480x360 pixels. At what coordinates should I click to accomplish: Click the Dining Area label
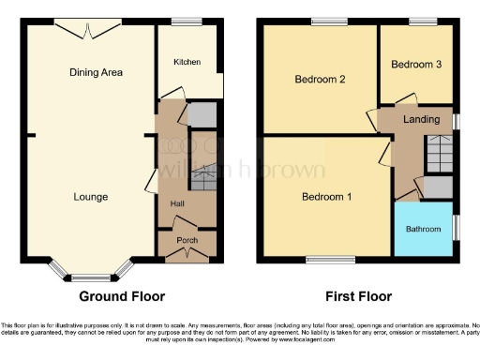click(97, 72)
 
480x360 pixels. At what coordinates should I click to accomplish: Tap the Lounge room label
click(91, 197)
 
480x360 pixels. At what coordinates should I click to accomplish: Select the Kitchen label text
click(187, 62)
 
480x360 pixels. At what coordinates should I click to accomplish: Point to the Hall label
click(176, 203)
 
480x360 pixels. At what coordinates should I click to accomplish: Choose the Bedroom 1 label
click(326, 197)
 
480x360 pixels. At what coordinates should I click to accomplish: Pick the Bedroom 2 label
click(321, 80)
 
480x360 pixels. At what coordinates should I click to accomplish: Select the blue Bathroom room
click(423, 228)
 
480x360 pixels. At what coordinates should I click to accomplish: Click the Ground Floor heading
click(122, 296)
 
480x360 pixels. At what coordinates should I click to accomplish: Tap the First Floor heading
click(358, 296)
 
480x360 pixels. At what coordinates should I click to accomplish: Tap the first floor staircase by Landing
click(438, 152)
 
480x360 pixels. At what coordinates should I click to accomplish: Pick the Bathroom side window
click(457, 227)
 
